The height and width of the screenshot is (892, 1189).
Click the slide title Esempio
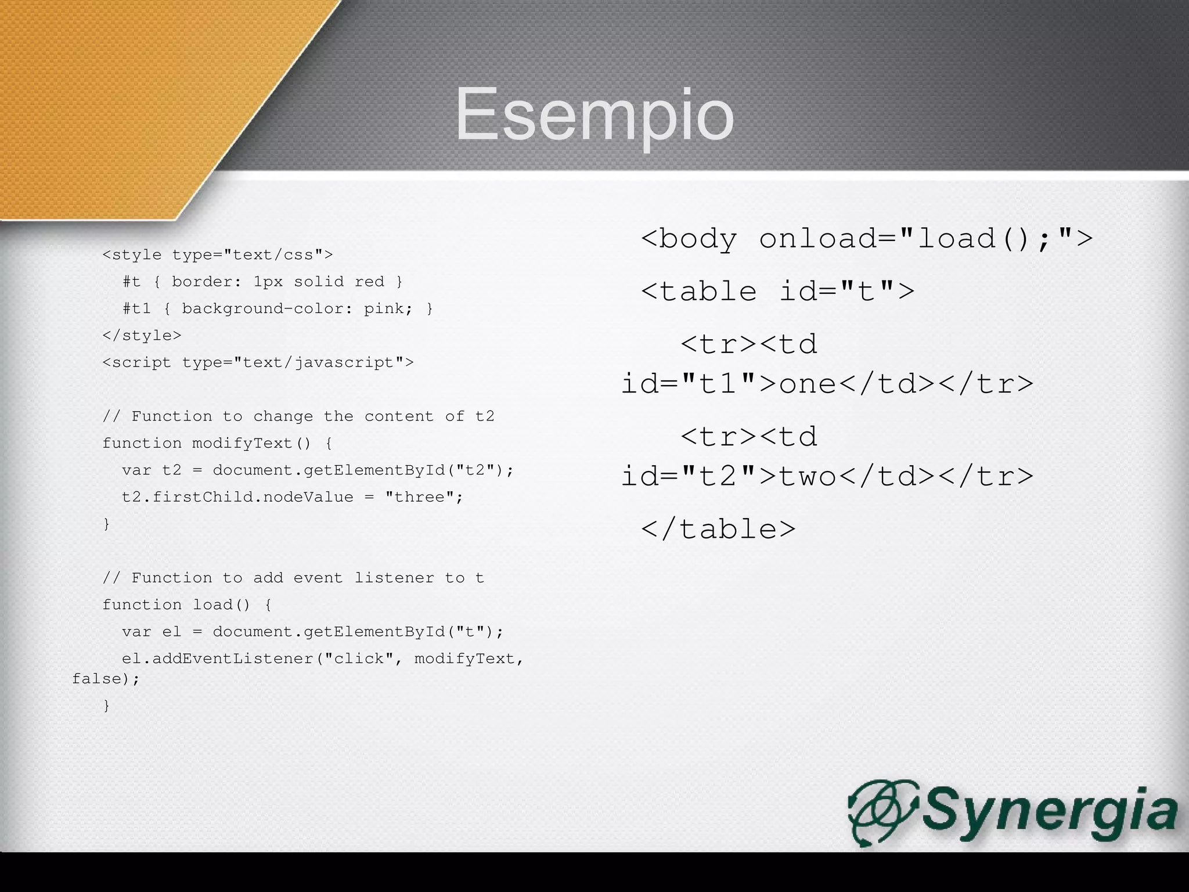click(594, 114)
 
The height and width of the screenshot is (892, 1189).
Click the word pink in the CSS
click(384, 308)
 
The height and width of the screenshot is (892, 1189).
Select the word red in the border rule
click(369, 282)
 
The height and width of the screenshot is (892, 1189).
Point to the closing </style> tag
click(142, 336)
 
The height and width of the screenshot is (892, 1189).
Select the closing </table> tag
click(718, 528)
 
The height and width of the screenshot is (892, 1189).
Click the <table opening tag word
click(699, 290)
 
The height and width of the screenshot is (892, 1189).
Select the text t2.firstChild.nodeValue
click(237, 497)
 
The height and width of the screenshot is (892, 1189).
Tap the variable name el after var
click(172, 632)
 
